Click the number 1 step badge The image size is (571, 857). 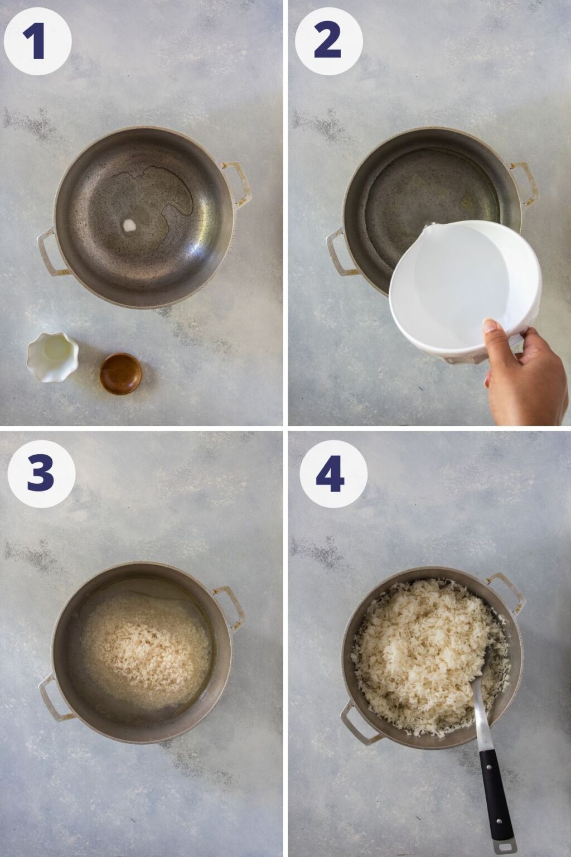(37, 41)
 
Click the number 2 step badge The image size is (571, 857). (328, 41)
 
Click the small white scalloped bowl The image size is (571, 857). (52, 356)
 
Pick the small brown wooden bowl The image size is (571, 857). (120, 373)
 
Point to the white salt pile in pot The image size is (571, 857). (129, 224)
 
